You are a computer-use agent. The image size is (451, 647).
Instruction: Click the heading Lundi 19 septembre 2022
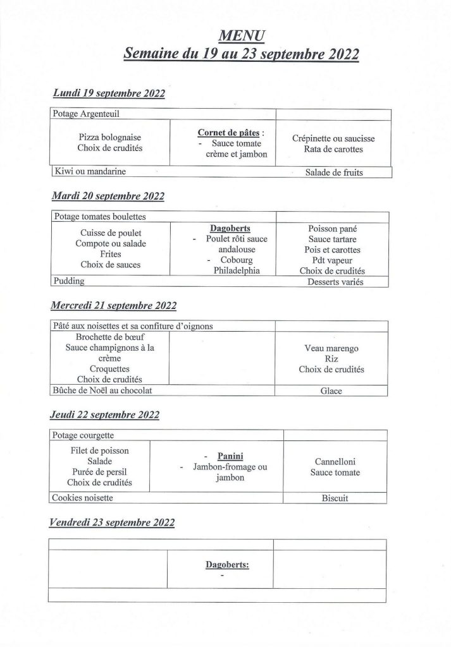109,94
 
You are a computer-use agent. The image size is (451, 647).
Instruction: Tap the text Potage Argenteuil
87,114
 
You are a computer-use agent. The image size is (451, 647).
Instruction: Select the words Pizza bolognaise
110,137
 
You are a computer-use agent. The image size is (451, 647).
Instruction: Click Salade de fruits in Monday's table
334,172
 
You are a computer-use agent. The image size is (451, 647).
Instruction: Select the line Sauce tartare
333,239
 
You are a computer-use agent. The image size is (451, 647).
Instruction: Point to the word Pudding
69,281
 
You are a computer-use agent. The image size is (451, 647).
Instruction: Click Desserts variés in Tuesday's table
333,282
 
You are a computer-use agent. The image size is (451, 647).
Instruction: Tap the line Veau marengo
331,348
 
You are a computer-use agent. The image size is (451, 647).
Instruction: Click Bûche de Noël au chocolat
104,390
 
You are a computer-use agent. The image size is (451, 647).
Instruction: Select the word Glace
331,391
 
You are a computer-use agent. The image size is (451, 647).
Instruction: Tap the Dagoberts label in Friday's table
226,565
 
